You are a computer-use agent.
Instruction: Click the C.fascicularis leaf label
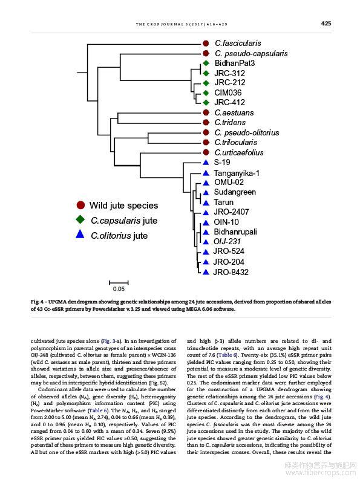click(238, 43)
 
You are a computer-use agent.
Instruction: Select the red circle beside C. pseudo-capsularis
click(206, 53)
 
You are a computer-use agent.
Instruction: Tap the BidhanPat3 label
click(234, 63)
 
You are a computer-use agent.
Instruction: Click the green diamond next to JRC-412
click(206, 102)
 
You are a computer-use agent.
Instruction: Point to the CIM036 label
click(227, 92)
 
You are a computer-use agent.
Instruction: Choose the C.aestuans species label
click(234, 112)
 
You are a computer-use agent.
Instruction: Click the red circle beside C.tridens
click(206, 123)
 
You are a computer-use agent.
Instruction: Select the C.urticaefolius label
click(238, 152)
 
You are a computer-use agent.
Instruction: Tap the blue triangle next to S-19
click(206, 162)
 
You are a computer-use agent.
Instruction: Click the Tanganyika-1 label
click(237, 174)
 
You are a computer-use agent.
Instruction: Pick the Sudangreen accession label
click(235, 192)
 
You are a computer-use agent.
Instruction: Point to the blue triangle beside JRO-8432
click(206, 272)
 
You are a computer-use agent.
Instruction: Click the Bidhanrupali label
click(235, 232)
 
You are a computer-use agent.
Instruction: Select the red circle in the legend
click(80, 205)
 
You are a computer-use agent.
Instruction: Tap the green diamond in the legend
click(80, 219)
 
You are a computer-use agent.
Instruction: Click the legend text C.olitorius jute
click(119, 236)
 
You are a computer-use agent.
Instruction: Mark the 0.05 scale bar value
click(119, 289)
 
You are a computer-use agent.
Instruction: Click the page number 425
click(326, 23)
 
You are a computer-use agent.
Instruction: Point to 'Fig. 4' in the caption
click(37, 302)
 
